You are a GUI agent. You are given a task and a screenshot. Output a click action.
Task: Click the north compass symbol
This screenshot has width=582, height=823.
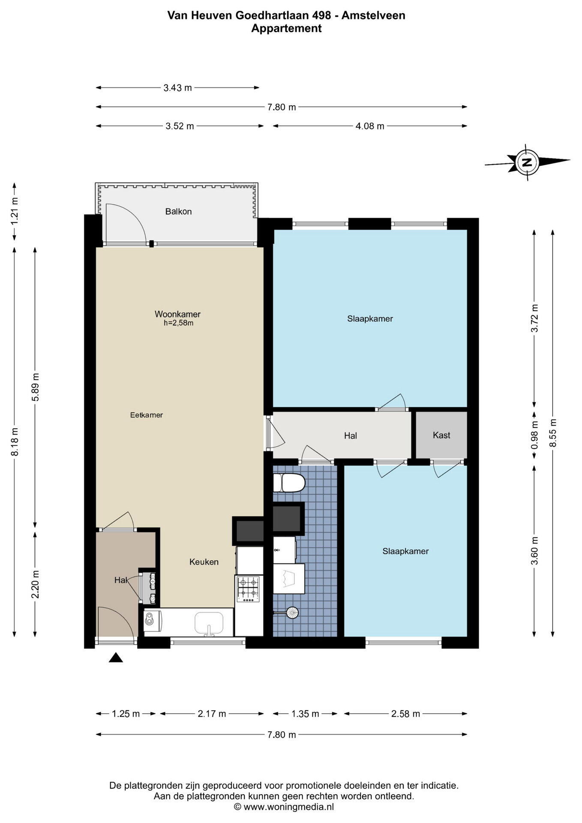coord(527,162)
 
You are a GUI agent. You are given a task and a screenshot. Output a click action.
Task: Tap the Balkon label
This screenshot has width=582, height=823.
coord(178,211)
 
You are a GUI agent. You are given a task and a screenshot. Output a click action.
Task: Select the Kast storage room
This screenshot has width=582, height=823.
coord(441,435)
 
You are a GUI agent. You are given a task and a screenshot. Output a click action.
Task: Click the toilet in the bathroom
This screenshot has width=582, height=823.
coord(289,483)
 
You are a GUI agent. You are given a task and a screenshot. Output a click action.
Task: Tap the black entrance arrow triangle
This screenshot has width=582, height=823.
coord(116,658)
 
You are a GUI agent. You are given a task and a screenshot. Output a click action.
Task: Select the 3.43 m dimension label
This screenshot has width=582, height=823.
coord(177,88)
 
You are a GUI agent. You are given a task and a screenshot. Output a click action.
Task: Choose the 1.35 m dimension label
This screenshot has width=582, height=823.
coord(305,714)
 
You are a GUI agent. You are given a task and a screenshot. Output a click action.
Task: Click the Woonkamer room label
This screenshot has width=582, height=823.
coord(177,314)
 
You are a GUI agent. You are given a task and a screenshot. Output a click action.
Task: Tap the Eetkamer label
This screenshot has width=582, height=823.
coord(147,415)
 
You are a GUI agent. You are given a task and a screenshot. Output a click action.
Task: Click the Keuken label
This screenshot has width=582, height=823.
coord(204,562)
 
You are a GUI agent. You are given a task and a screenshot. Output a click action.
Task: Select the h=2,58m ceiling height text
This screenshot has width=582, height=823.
coord(178,323)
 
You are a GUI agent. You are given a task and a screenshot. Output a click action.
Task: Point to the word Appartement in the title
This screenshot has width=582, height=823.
coord(286,29)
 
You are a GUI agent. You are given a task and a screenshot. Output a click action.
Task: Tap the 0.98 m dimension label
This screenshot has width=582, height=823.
coord(534,435)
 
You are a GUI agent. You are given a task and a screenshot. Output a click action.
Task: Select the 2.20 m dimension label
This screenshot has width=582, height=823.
coord(35,579)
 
